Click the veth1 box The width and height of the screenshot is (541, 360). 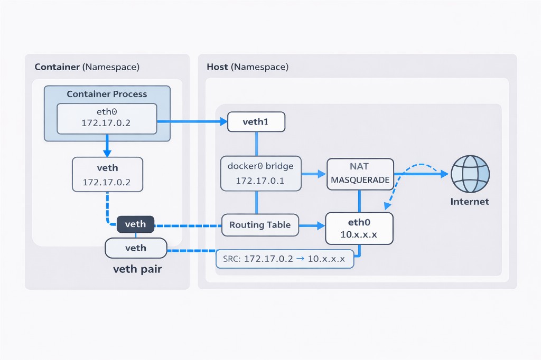pyautogui.click(x=256, y=122)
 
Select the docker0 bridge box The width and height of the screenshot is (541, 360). pyautogui.click(x=260, y=173)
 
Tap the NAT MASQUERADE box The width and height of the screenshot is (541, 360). pyautogui.click(x=360, y=174)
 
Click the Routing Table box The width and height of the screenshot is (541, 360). pyautogui.click(x=260, y=225)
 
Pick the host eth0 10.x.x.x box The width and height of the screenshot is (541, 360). pyautogui.click(x=359, y=229)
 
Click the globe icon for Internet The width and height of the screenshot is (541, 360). pyautogui.click(x=470, y=174)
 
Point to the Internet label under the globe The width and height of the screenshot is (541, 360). pyautogui.click(x=470, y=202)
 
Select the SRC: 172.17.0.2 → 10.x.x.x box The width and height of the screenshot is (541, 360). pyautogui.click(x=285, y=259)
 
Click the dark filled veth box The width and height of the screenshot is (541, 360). pyautogui.click(x=135, y=224)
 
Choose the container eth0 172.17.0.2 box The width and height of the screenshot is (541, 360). pyautogui.click(x=107, y=118)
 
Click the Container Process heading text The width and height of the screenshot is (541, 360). pyautogui.click(x=107, y=94)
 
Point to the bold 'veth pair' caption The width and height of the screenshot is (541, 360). pyautogui.click(x=137, y=269)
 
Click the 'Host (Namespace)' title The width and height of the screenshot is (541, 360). pyautogui.click(x=247, y=67)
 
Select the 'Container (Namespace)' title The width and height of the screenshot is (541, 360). pyautogui.click(x=87, y=67)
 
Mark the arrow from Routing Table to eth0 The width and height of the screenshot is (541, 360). pyautogui.click(x=312, y=225)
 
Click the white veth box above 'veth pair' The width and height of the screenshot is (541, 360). pyautogui.click(x=136, y=248)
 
